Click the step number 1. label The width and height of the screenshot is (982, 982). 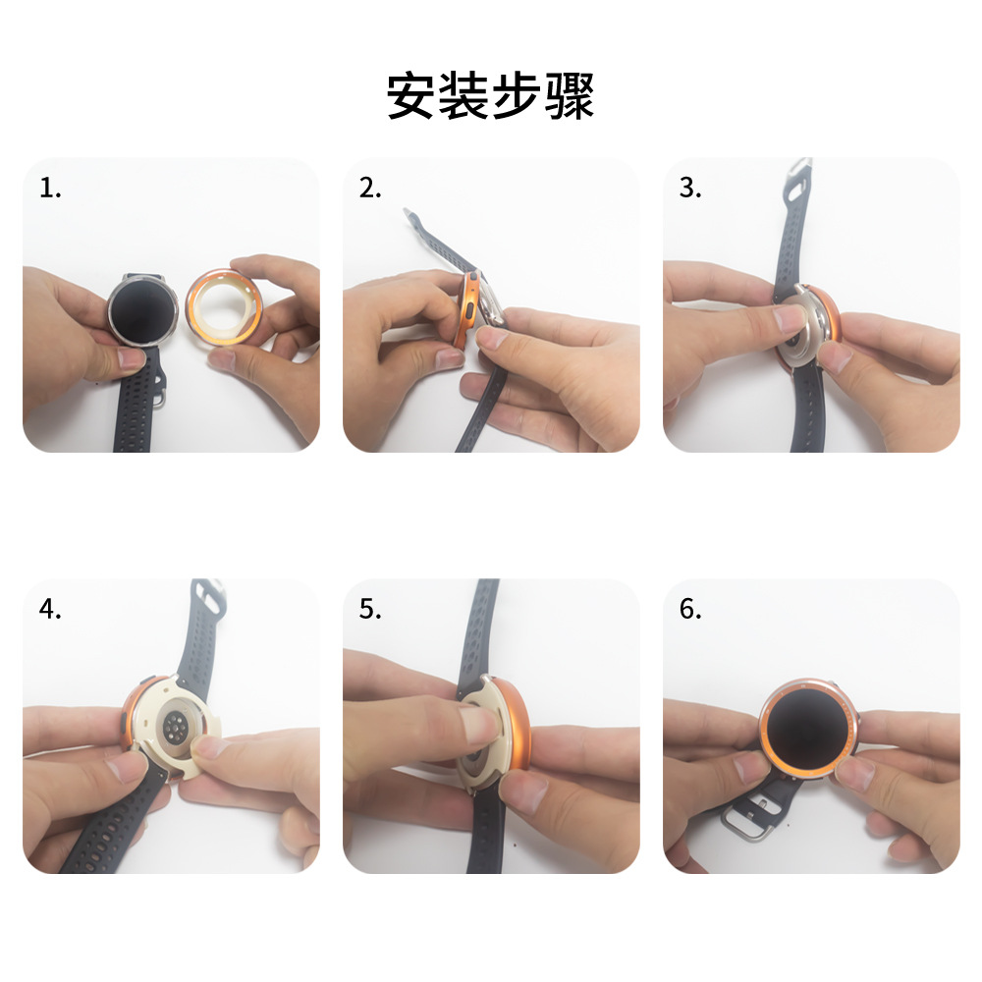(50, 188)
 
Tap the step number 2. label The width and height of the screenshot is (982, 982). (370, 188)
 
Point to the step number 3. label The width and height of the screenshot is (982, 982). (690, 188)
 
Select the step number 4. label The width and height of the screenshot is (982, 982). (50, 609)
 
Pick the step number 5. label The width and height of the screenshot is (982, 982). (370, 609)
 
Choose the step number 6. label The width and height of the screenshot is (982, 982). (690, 609)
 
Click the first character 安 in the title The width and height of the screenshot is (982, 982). (411, 96)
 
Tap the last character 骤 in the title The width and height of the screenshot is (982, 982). (570, 96)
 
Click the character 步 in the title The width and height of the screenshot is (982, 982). (517, 96)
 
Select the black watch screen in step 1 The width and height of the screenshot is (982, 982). (142, 310)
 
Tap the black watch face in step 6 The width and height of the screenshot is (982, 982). (807, 727)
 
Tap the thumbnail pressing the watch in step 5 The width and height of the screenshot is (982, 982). (478, 724)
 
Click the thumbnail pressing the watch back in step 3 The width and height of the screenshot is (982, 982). (791, 319)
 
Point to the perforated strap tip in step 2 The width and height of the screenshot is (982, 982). (414, 219)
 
